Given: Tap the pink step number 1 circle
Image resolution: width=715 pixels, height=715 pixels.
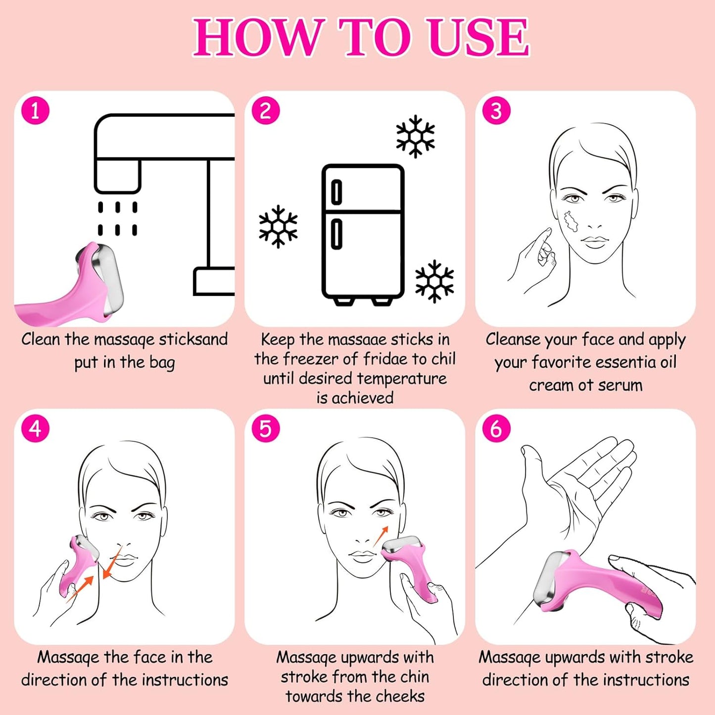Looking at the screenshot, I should click(x=35, y=110).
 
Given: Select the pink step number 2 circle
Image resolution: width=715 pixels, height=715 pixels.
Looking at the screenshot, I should click(x=266, y=110).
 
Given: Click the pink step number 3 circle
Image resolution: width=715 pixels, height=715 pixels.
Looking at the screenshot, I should click(x=496, y=110).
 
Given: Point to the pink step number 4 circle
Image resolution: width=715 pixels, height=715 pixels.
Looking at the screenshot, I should click(x=35, y=428).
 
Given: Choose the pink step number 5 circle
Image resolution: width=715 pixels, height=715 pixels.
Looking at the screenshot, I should click(x=266, y=428).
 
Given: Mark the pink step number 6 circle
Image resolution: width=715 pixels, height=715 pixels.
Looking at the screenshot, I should click(x=496, y=428).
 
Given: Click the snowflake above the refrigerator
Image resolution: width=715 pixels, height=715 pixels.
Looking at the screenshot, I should click(x=416, y=137).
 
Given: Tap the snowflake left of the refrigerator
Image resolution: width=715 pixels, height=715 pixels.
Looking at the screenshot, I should click(x=278, y=226).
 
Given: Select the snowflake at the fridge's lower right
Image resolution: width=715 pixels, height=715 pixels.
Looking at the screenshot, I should click(x=434, y=281).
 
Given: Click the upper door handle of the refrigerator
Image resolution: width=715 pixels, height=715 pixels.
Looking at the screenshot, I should click(x=336, y=192).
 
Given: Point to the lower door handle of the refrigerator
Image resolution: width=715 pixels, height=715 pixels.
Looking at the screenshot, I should click(x=336, y=234).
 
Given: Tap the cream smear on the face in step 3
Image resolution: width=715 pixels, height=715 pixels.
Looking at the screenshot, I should click(x=571, y=222).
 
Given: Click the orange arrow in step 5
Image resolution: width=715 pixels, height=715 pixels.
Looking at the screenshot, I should click(x=381, y=536).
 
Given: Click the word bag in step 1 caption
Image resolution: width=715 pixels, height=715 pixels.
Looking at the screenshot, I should click(x=162, y=362).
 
